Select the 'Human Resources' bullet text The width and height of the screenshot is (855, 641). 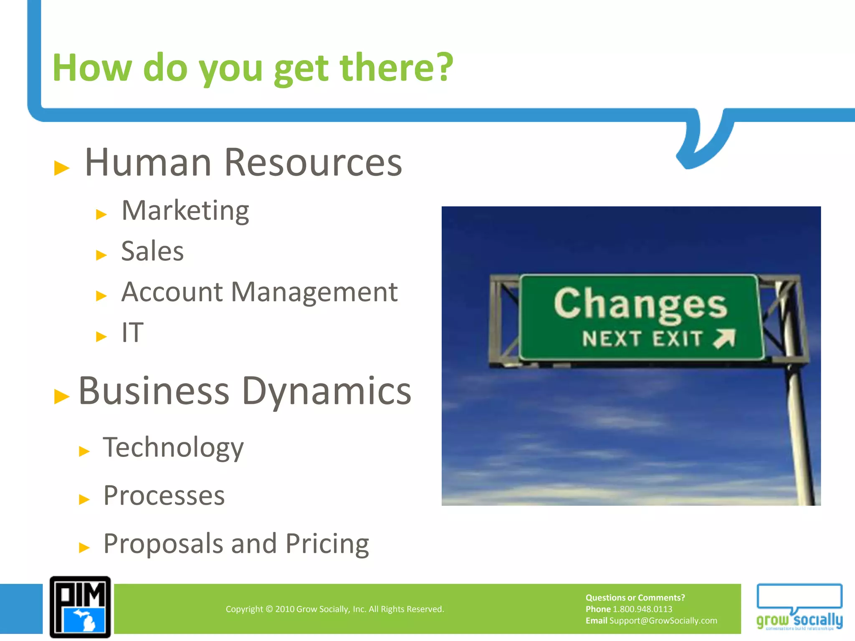(x=243, y=163)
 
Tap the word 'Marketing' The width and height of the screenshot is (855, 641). (x=185, y=211)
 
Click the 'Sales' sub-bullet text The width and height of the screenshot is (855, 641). (x=152, y=252)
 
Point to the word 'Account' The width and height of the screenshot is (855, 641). (x=172, y=292)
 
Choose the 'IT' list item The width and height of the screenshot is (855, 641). (x=132, y=333)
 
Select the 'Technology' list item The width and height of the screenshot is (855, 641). (x=173, y=448)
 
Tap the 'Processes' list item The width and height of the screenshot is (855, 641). (x=164, y=496)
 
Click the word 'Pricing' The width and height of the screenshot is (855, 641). (x=327, y=544)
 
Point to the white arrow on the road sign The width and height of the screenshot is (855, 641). (x=724, y=338)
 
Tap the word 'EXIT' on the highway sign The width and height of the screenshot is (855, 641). (x=678, y=338)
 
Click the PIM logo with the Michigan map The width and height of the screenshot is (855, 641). (x=80, y=607)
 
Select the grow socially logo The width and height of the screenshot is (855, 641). (x=799, y=607)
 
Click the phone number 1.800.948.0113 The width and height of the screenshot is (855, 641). (x=642, y=609)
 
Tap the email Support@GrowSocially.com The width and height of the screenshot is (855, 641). (x=663, y=621)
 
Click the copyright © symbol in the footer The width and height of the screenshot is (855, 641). (x=269, y=609)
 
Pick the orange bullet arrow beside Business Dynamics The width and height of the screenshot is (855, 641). (x=62, y=396)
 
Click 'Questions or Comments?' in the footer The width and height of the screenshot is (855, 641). (x=635, y=598)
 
